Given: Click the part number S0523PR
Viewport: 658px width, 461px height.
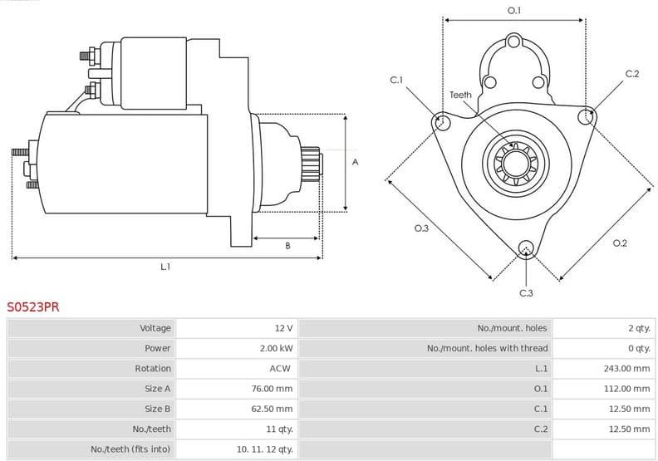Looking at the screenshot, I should pyautogui.click(x=33, y=307).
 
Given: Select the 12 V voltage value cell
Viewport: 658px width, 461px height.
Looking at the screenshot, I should pyautogui.click(x=283, y=328).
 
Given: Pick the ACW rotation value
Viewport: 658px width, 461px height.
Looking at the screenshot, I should pyautogui.click(x=280, y=368).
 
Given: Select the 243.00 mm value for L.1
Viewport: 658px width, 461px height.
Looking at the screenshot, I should pyautogui.click(x=626, y=368).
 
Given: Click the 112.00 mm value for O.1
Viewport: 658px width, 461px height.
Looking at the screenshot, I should pyautogui.click(x=626, y=389).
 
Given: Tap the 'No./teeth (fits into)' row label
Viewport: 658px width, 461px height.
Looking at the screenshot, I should pyautogui.click(x=130, y=449).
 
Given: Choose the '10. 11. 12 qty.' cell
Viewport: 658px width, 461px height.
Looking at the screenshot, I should pyautogui.click(x=264, y=449).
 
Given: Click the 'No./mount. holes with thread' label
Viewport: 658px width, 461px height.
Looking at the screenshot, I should pyautogui.click(x=487, y=348).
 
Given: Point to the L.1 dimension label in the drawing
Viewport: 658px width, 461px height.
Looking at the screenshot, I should pyautogui.click(x=165, y=267).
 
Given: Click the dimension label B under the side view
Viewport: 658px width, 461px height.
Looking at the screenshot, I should pyautogui.click(x=287, y=246).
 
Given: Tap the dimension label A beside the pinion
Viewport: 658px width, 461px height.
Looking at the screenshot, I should pyautogui.click(x=356, y=162).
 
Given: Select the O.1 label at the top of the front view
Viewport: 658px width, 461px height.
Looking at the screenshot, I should pyautogui.click(x=514, y=11).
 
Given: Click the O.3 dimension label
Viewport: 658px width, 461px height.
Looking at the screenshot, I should pyautogui.click(x=421, y=228).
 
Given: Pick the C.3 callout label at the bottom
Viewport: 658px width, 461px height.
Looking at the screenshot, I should pyautogui.click(x=526, y=292).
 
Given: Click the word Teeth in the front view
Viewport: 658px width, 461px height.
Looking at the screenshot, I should pyautogui.click(x=460, y=95).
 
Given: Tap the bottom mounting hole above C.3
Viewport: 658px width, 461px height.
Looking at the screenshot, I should pyautogui.click(x=525, y=248).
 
